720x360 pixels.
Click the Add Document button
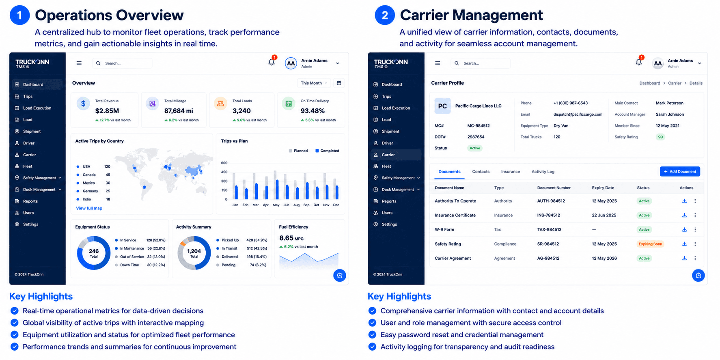click(x=680, y=172)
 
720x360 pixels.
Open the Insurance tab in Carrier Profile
click(x=510, y=172)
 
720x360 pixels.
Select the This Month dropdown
click(x=314, y=83)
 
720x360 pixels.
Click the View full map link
click(x=89, y=208)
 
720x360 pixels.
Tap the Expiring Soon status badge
click(x=650, y=244)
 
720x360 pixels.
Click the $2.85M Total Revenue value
click(x=107, y=111)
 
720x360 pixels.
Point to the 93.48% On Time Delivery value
click(x=313, y=111)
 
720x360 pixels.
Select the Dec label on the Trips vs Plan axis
click(x=336, y=205)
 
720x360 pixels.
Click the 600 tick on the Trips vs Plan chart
click(x=224, y=163)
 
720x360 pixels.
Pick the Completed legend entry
click(x=327, y=151)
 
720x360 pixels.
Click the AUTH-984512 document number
click(x=551, y=201)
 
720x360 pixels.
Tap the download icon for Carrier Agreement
click(x=684, y=258)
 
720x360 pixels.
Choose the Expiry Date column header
click(x=603, y=188)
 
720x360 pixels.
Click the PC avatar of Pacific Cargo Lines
click(x=442, y=106)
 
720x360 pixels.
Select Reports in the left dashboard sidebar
click(x=30, y=201)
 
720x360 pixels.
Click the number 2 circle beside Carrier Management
click(x=385, y=15)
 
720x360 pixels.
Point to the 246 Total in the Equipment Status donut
click(x=94, y=253)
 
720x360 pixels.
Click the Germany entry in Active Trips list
click(x=91, y=191)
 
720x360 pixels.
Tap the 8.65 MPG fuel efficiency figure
click(x=291, y=238)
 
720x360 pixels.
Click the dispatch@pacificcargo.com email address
click(x=578, y=114)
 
